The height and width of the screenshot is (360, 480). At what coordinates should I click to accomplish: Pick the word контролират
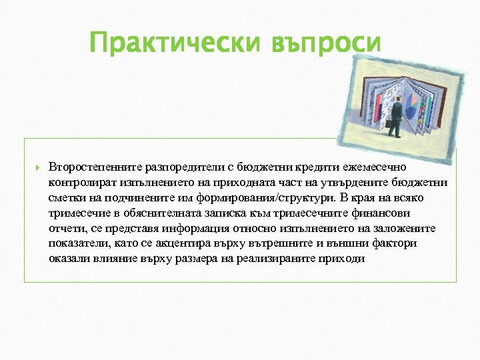(x=81, y=183)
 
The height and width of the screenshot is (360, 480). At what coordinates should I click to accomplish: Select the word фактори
(x=397, y=244)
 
